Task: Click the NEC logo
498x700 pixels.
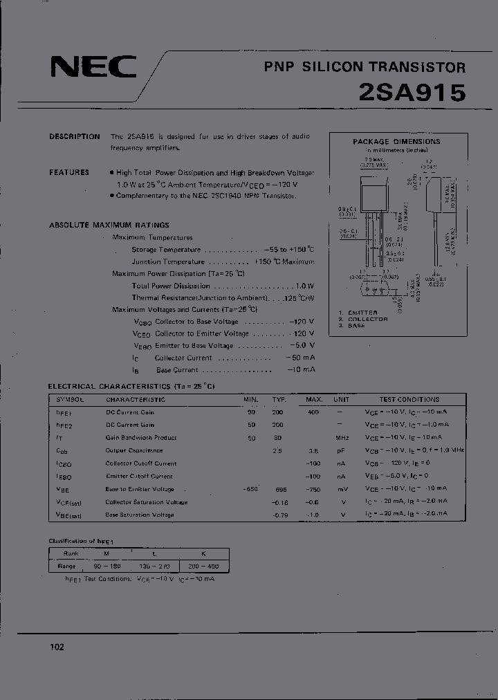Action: pos(93,68)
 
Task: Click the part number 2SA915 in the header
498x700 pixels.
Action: pos(412,92)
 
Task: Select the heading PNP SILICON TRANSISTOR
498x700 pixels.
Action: pos(365,67)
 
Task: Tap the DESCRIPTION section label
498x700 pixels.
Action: pos(75,137)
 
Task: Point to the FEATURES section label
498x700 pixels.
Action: pos(69,172)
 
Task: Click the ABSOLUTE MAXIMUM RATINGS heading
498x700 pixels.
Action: pos(109,225)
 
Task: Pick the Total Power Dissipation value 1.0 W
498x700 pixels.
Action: pos(304,286)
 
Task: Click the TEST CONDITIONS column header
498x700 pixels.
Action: pos(409,399)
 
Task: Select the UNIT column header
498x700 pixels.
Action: pos(341,399)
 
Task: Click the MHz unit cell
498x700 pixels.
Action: pos(341,438)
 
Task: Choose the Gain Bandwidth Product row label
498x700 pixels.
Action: pos(141,438)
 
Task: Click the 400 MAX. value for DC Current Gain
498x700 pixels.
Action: pos(313,412)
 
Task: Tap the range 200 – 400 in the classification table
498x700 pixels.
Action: pos(204,566)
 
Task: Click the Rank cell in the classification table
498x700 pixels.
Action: pos(71,553)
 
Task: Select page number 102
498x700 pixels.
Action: pos(57,647)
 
